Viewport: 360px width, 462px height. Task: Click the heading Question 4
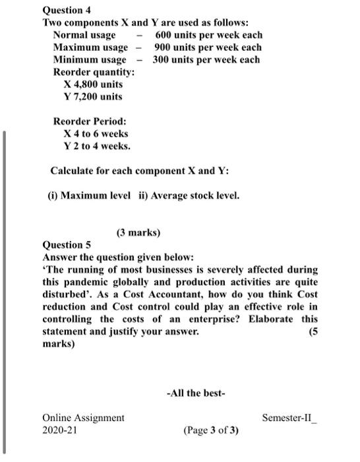pyautogui.click(x=67, y=10)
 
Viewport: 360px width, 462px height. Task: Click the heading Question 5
pyautogui.click(x=67, y=245)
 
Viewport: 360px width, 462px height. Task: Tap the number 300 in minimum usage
pyautogui.click(x=163, y=60)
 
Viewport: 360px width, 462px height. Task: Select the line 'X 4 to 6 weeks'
pyautogui.click(x=96, y=134)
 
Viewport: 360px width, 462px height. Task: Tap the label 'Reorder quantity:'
pyautogui.click(x=94, y=72)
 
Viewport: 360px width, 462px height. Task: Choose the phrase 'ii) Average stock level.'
pyautogui.click(x=189, y=196)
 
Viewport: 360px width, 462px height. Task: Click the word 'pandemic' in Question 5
pyautogui.click(x=84, y=282)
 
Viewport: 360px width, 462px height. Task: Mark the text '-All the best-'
pyautogui.click(x=196, y=393)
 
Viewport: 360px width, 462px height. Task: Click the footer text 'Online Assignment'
pyautogui.click(x=83, y=418)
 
